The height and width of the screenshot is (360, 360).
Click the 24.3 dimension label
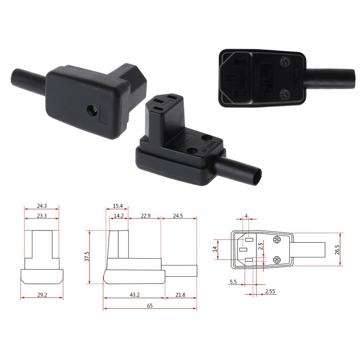pyautogui.click(x=41, y=206)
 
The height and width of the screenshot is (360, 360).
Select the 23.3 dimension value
pyautogui.click(x=41, y=216)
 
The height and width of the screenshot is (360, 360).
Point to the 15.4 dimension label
pyautogui.click(x=118, y=206)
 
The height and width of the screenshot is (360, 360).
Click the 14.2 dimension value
pyautogui.click(x=118, y=216)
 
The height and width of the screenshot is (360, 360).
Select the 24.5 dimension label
pyautogui.click(x=179, y=216)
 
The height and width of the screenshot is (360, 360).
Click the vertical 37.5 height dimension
pyautogui.click(x=87, y=257)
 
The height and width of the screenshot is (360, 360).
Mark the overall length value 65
pyautogui.click(x=149, y=305)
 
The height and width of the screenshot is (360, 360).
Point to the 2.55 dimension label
pyautogui.click(x=270, y=291)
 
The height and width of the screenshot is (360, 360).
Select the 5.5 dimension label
pyautogui.click(x=233, y=282)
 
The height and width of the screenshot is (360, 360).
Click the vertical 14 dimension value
pyautogui.click(x=215, y=248)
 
